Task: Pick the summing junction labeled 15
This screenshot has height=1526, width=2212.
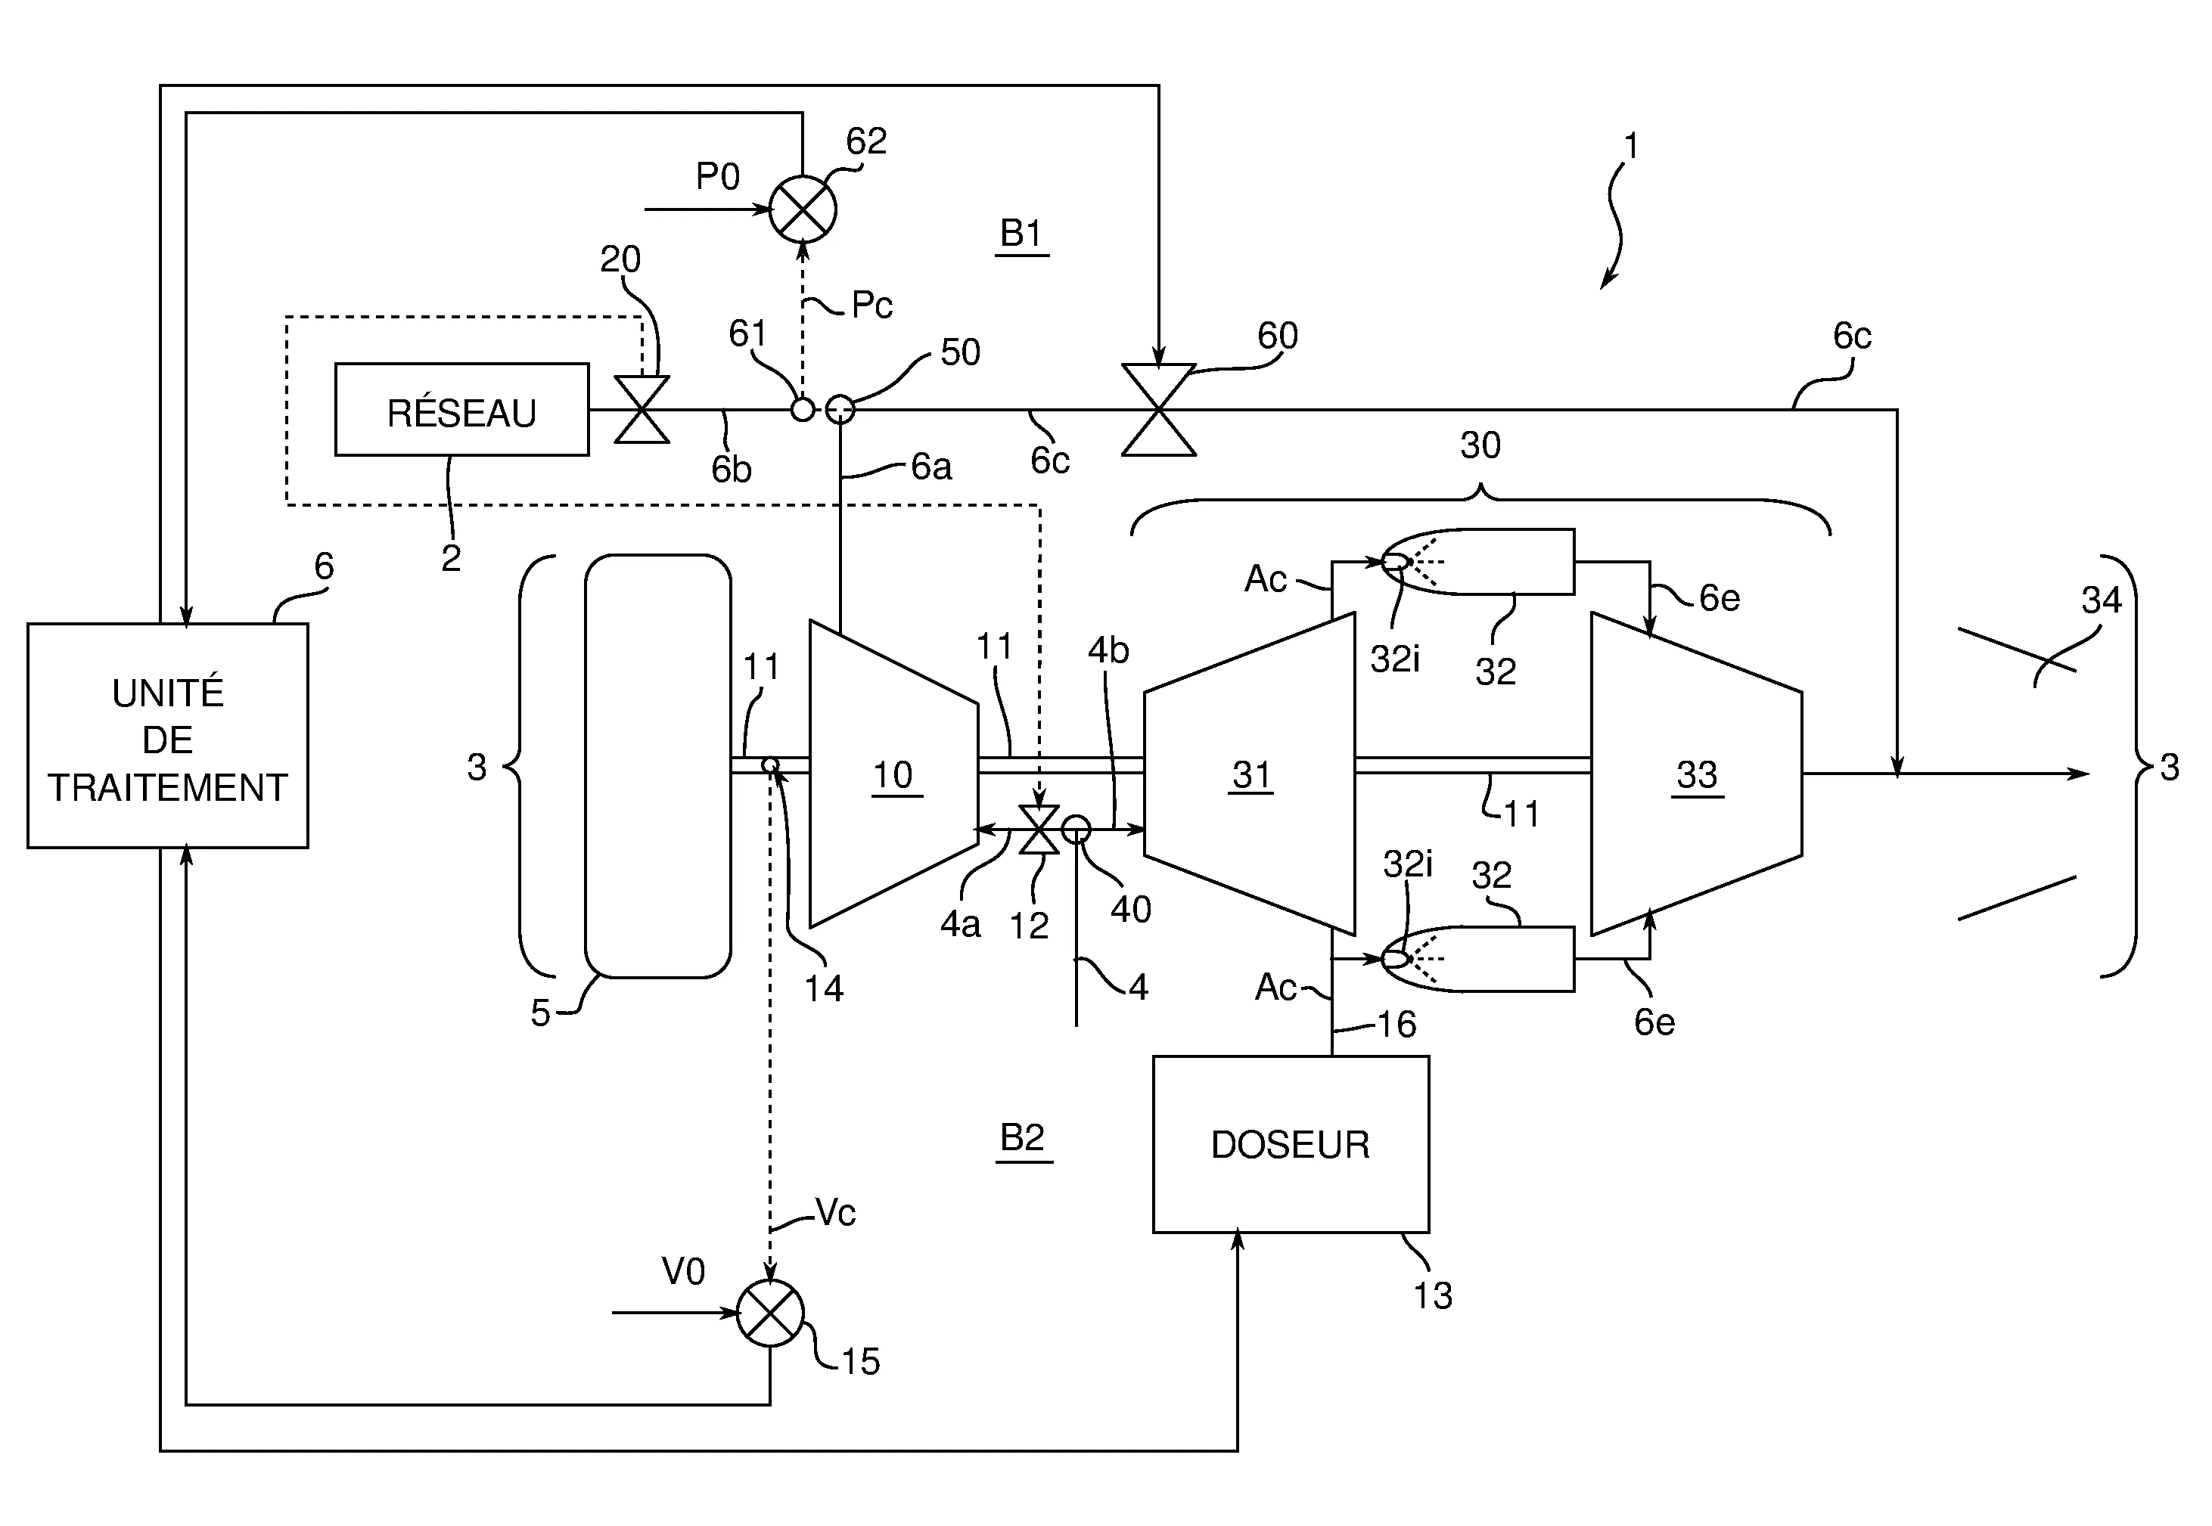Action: [771, 1313]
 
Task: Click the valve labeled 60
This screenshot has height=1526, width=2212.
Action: [1158, 409]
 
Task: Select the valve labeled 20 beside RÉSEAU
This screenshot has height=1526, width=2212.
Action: [642, 409]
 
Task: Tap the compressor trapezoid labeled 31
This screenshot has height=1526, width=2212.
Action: [1250, 774]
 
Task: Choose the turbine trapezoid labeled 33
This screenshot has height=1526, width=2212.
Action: [1695, 774]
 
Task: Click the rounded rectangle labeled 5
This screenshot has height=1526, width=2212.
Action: [658, 766]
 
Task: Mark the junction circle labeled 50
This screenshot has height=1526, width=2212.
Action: [840, 409]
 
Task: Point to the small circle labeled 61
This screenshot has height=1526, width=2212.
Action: [803, 409]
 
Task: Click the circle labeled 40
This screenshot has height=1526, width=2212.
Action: [1076, 829]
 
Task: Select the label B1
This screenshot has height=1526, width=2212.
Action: [1021, 234]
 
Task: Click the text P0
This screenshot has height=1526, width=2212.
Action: [717, 177]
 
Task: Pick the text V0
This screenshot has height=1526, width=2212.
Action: [683, 1272]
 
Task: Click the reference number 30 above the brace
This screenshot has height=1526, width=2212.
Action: [1480, 445]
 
